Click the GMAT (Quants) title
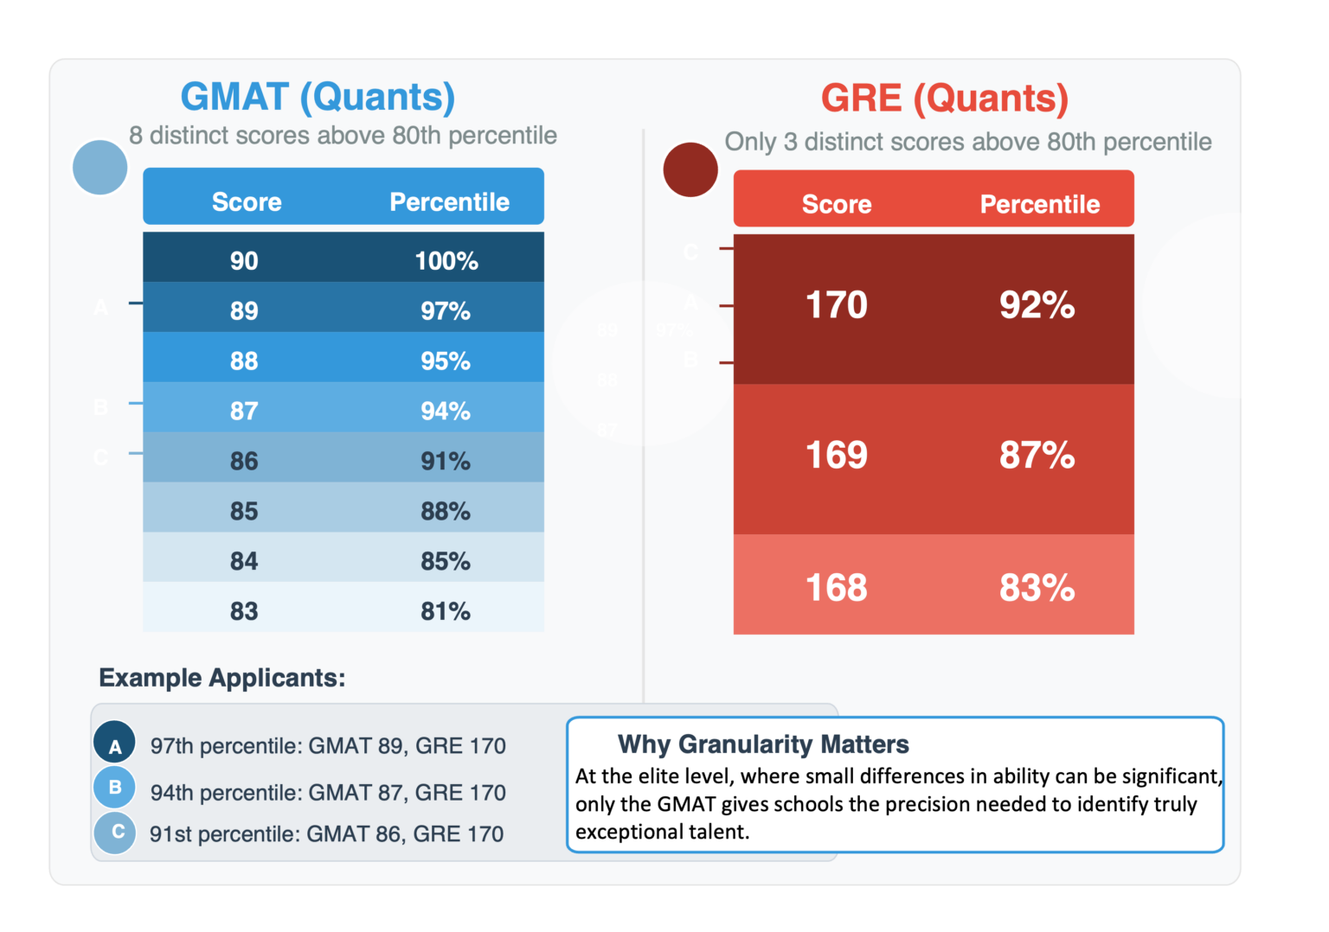click(x=318, y=97)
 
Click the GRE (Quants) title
click(x=944, y=99)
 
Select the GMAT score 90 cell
click(x=244, y=260)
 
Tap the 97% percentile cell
click(x=446, y=310)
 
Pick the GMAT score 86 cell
click(x=244, y=461)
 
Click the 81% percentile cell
click(x=446, y=611)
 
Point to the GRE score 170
click(x=836, y=305)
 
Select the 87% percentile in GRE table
click(x=1037, y=455)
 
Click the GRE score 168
click(x=836, y=588)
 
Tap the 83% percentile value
click(x=1037, y=588)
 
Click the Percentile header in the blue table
click(x=449, y=202)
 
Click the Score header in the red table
click(x=836, y=205)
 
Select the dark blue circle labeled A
click(x=114, y=743)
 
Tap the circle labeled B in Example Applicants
click(x=114, y=787)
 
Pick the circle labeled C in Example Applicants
click(x=115, y=833)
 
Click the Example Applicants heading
click(x=221, y=678)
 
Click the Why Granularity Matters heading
click(x=762, y=744)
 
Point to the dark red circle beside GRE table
click(x=690, y=169)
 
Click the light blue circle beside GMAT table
click(x=100, y=167)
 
